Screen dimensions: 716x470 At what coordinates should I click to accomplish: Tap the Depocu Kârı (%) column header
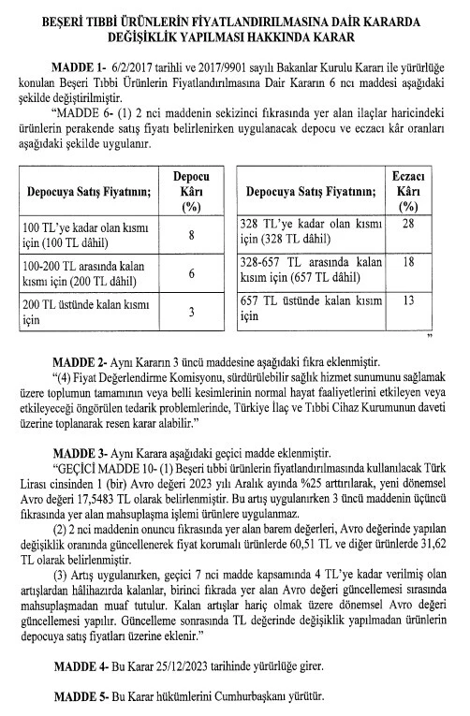(x=191, y=194)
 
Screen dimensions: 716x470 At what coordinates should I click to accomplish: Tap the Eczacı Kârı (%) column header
(x=406, y=194)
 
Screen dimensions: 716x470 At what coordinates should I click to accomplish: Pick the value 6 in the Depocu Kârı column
(x=191, y=274)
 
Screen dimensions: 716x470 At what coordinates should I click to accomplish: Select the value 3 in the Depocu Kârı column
(x=191, y=312)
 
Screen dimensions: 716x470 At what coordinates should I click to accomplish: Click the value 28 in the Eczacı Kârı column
(x=406, y=226)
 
